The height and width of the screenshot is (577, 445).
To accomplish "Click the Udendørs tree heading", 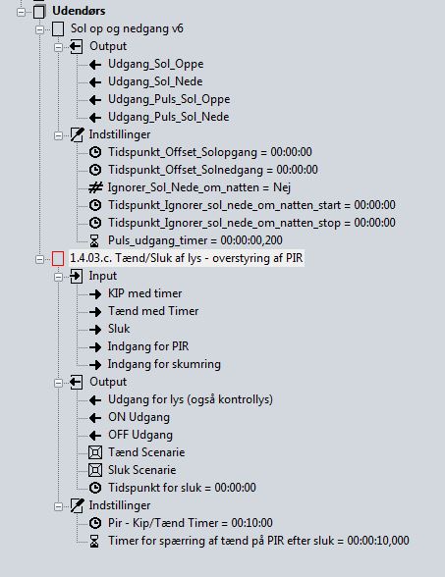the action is [x=79, y=11].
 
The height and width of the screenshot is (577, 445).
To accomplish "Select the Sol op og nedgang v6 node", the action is [x=127, y=28].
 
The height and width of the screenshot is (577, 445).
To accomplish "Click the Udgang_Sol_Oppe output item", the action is [x=155, y=64].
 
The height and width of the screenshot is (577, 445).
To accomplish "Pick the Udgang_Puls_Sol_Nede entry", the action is [x=168, y=117].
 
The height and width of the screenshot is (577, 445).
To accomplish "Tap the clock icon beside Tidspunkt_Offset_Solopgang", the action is [x=95, y=152].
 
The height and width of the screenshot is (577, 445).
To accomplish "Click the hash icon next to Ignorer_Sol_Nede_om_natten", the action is [x=95, y=187].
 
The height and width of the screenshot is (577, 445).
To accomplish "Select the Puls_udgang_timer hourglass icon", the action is [x=94, y=240].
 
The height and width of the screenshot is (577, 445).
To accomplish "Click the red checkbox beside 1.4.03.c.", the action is [x=58, y=258].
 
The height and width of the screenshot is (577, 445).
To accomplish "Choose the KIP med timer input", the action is [x=144, y=293].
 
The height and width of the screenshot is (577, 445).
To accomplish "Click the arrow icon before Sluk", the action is [x=95, y=329].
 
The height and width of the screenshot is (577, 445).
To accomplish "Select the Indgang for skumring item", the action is [x=164, y=364].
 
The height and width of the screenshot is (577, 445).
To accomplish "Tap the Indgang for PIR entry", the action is [x=148, y=346].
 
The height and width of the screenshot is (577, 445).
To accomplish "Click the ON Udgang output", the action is [x=139, y=417].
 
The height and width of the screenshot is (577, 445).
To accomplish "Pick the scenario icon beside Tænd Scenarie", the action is [x=95, y=452].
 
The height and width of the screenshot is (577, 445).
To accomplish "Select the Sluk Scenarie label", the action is [x=141, y=470].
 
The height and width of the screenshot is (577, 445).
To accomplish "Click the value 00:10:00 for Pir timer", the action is [x=251, y=523].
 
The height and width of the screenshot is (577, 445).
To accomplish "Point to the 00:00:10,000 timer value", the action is [x=378, y=541].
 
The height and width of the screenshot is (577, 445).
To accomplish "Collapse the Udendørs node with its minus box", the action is [x=21, y=12].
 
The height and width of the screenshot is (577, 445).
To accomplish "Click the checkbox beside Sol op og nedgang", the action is [x=58, y=29].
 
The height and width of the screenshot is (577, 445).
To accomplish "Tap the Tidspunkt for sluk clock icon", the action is [x=95, y=488].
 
